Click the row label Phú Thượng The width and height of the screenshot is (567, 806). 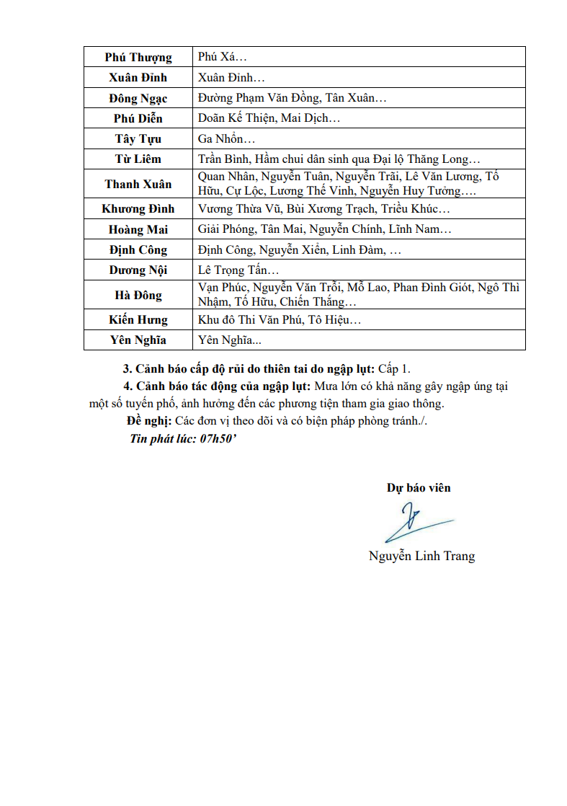pyautogui.click(x=138, y=58)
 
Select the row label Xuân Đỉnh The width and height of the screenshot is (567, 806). pyautogui.click(x=138, y=78)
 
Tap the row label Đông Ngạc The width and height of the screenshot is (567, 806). pyautogui.click(x=138, y=99)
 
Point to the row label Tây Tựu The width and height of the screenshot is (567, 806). pyautogui.click(x=138, y=139)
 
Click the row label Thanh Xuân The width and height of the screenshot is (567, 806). pyautogui.click(x=138, y=184)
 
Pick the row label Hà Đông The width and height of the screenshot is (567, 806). pyautogui.click(x=138, y=295)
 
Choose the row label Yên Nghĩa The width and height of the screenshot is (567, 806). pyautogui.click(x=138, y=340)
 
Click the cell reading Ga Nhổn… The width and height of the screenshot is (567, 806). pyautogui.click(x=226, y=139)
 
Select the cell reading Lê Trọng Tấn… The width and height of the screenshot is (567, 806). pyautogui.click(x=238, y=270)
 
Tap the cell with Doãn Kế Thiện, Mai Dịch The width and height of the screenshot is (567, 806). pyautogui.click(x=269, y=118)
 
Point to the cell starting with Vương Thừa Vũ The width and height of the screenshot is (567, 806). pyautogui.click(x=323, y=209)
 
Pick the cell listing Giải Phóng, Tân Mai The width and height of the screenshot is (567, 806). pyautogui.click(x=325, y=229)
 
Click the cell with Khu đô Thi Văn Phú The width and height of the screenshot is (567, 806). pyautogui.click(x=280, y=320)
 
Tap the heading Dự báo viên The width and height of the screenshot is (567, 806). pyautogui.click(x=419, y=488)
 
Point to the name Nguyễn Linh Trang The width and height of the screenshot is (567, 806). pyautogui.click(x=421, y=556)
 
